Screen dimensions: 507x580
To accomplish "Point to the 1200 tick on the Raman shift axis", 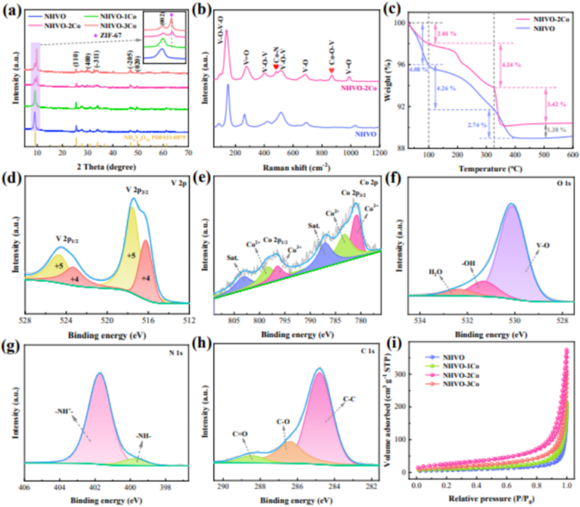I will (x=377, y=152).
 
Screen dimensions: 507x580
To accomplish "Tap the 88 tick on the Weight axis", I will (x=398, y=148).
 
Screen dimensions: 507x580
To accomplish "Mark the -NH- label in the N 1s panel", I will (x=145, y=439).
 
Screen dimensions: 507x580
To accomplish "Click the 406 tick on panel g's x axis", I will (x=24, y=486).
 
